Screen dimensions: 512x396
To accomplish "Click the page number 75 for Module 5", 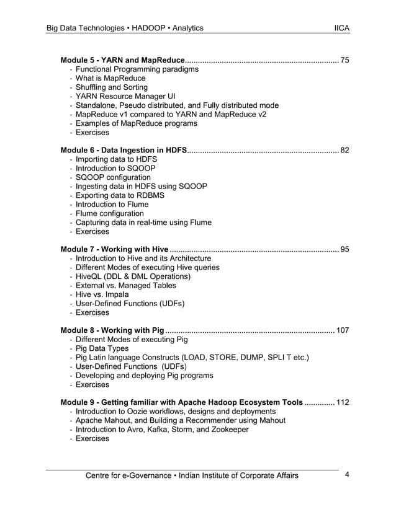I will coord(344,60).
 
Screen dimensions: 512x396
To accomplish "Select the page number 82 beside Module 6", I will coord(344,150).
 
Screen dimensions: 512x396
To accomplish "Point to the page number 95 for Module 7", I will coord(344,249).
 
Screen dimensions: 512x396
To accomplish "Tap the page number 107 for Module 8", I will coord(342,330).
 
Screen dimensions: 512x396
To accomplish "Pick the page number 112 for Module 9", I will coord(342,402).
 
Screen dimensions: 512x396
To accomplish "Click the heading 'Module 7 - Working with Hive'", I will coord(114,249).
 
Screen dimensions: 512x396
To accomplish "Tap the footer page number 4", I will coord(347,475).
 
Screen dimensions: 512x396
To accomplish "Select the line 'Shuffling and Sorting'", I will coord(112,87).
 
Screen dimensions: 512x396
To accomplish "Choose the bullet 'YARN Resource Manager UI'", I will coord(125,97).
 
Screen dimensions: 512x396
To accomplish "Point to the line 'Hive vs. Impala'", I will coord(102,294).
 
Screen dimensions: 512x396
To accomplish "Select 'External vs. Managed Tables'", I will coord(125,285).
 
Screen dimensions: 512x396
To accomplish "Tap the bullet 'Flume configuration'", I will coord(109,213).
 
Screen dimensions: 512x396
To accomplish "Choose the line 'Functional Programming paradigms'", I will coord(137,69).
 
